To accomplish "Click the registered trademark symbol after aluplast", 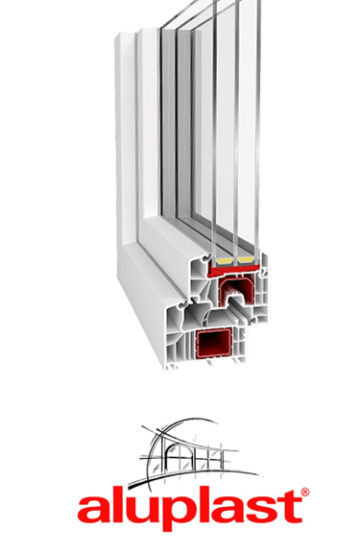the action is [305, 492].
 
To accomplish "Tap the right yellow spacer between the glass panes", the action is [246, 261].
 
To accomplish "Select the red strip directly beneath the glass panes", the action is [234, 270].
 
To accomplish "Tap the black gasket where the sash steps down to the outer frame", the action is [184, 303].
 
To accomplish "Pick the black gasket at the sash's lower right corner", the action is [252, 320].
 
